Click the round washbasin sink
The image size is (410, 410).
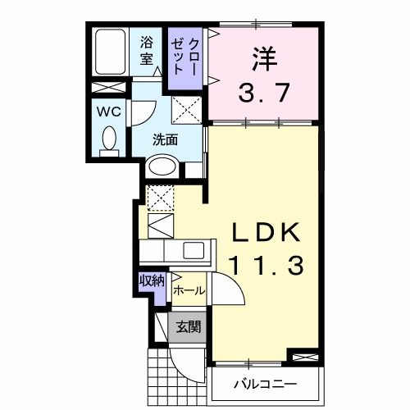pyautogui.click(x=161, y=166)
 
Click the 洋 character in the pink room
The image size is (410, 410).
pyautogui.click(x=263, y=58)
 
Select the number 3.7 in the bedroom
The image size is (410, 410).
pyautogui.click(x=263, y=93)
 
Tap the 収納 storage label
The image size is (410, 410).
pyautogui.click(x=153, y=281)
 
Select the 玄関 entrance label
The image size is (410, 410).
pyautogui.click(x=188, y=327)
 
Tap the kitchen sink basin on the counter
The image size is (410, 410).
pyautogui.click(x=195, y=251)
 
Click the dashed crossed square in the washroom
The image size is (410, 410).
pyautogui.click(x=186, y=109)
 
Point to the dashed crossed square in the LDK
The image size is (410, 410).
pyautogui.click(x=160, y=197)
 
